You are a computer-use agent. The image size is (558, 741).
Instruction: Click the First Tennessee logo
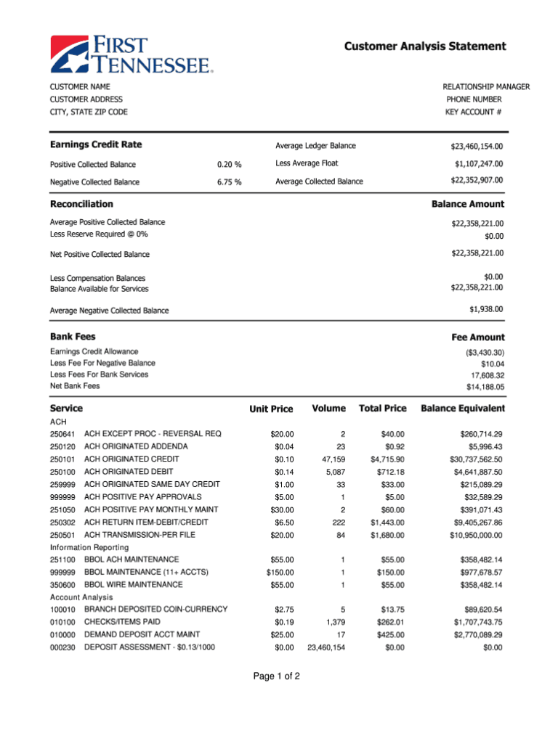(132, 55)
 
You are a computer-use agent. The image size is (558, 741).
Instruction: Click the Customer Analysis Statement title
(425, 46)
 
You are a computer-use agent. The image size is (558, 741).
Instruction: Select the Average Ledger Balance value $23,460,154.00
(477, 147)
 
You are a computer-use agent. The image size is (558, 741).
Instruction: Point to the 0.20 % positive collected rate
(229, 165)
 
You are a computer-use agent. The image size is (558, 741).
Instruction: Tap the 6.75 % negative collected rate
(229, 182)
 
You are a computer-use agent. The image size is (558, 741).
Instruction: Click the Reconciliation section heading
(81, 205)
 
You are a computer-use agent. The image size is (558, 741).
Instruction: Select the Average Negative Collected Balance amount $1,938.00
(486, 309)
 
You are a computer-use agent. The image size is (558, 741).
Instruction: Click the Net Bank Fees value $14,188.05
(485, 387)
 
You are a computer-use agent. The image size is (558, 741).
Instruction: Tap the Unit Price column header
(271, 409)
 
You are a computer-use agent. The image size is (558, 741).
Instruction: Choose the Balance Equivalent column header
(462, 409)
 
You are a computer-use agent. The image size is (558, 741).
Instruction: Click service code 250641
(62, 434)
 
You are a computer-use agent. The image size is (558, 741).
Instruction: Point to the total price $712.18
(390, 472)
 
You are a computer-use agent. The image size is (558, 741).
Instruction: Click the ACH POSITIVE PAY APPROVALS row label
(143, 496)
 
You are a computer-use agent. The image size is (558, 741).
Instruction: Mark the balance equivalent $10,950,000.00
(476, 536)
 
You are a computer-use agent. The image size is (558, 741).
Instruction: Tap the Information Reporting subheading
(89, 546)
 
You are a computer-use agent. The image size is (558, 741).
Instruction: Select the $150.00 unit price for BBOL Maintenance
(280, 573)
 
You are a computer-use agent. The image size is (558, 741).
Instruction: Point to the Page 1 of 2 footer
(276, 676)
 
